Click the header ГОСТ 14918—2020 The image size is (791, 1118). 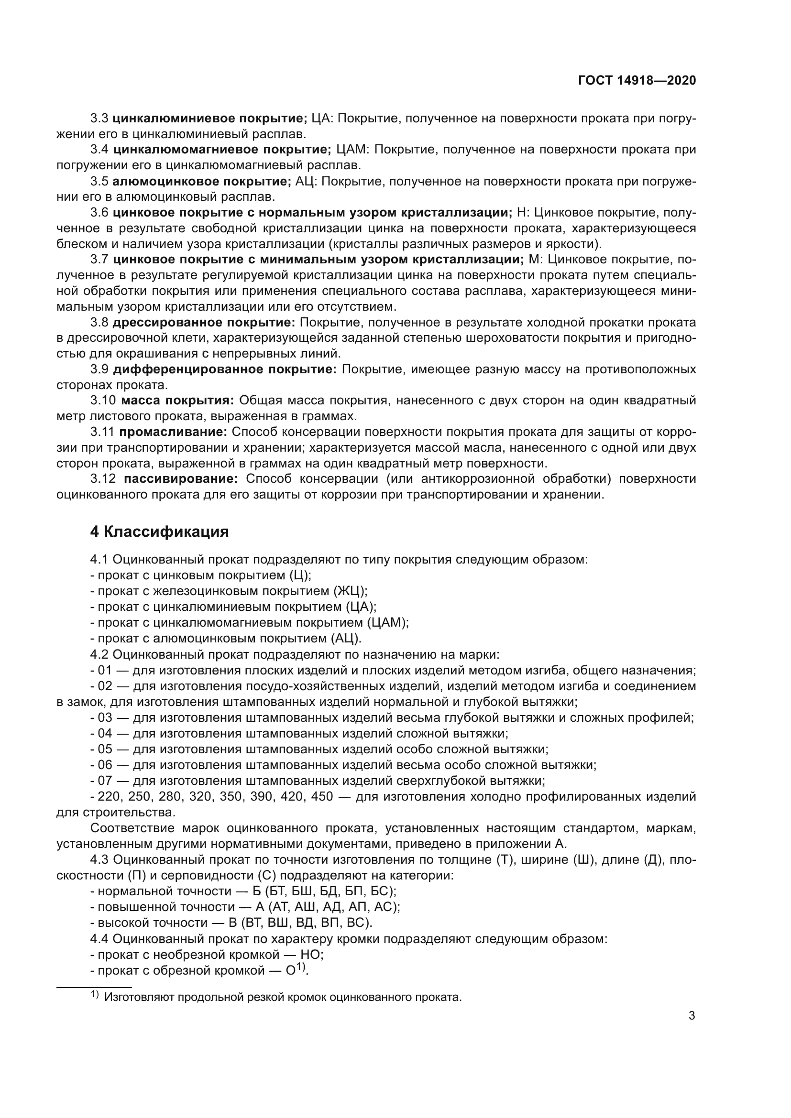(637, 80)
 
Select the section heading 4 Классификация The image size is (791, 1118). (159, 531)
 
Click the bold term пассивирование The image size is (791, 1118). (181, 478)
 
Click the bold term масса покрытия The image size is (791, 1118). (177, 400)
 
